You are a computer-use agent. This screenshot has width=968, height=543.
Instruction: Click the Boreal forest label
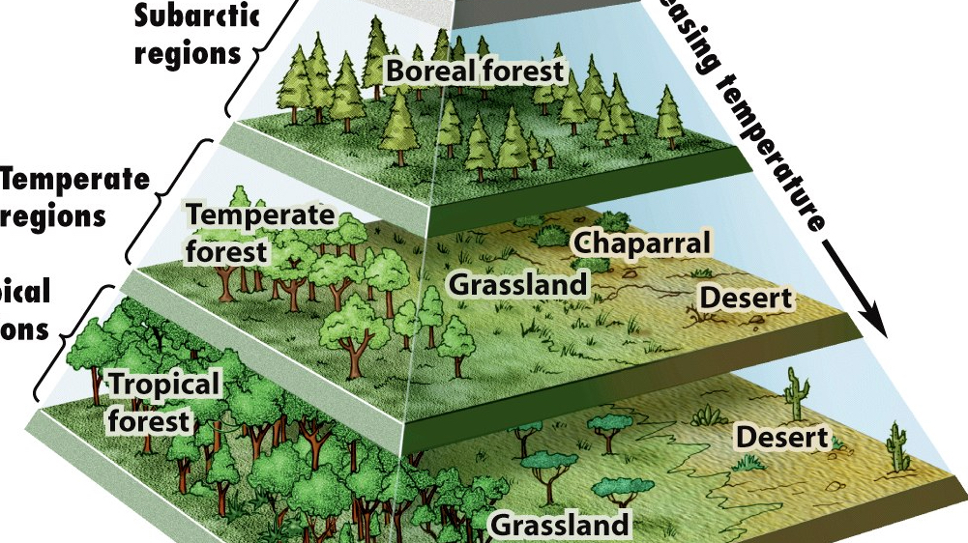point(474,71)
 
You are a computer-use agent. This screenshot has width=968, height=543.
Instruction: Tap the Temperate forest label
point(259,233)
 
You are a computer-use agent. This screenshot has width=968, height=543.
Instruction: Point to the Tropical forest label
point(163,402)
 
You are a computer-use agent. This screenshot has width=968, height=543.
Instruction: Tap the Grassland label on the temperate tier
point(518,284)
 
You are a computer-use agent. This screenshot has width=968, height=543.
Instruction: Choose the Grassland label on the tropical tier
point(560,525)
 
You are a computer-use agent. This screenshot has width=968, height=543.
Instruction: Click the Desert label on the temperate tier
point(745,298)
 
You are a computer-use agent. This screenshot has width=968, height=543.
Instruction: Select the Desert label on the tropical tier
point(782,437)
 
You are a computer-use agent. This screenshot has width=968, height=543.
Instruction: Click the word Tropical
point(164,385)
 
